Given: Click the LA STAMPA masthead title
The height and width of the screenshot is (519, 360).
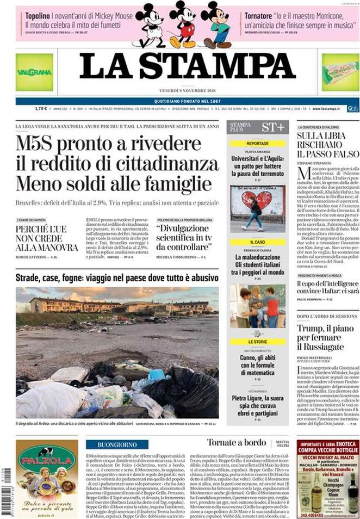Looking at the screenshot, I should point(187,65).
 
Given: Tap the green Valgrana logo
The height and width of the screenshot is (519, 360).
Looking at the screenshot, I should point(34,72).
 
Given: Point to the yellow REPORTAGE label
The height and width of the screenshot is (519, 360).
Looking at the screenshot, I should point(257,144).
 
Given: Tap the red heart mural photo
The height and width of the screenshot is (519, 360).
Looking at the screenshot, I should point(257,208).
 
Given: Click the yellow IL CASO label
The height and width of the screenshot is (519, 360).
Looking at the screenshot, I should point(257,242).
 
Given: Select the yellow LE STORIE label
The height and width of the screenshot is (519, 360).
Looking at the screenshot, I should point(257,342).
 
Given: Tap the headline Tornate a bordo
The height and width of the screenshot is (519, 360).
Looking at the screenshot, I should point(236,443).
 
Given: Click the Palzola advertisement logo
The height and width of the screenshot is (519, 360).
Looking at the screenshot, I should point(47,460).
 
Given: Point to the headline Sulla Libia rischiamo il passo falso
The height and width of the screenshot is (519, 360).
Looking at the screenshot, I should point(325,147).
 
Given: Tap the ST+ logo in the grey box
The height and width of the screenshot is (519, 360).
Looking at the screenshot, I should point(272,127).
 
